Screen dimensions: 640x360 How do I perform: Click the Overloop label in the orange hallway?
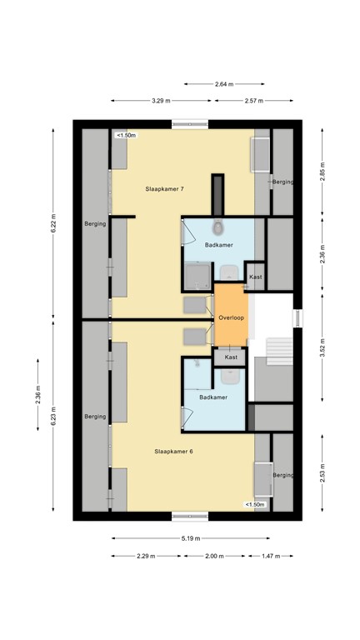coord(231,318)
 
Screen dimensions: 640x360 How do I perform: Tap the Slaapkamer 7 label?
coord(164,190)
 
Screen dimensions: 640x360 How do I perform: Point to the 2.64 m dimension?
coord(224,84)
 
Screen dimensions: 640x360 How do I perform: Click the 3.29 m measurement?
coord(161,101)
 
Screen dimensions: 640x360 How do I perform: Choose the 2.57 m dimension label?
coord(253,101)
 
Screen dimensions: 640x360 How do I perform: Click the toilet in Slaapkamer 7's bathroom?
coord(218,228)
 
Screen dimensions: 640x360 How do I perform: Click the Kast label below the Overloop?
coord(231,357)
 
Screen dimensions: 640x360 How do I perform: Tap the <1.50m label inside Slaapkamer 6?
coord(254,504)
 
